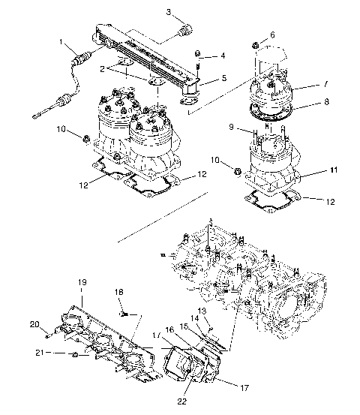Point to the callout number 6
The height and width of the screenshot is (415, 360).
point(271,35)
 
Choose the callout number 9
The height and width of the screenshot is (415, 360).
point(232,128)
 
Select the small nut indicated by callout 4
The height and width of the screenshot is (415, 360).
point(198,54)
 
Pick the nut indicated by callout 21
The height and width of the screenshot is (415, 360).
point(76,352)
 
